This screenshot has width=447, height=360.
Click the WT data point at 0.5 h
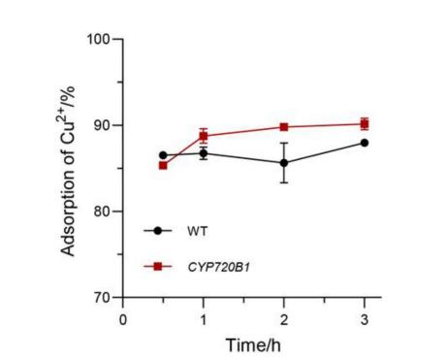pyautogui.click(x=163, y=155)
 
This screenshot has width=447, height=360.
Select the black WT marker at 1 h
pyautogui.click(x=204, y=153)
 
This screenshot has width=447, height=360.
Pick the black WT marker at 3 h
pyautogui.click(x=365, y=143)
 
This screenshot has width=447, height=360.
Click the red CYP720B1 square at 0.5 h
pyautogui.click(x=163, y=165)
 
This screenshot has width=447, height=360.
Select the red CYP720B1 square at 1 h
pyautogui.click(x=204, y=136)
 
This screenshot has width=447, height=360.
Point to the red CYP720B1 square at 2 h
pyautogui.click(x=284, y=127)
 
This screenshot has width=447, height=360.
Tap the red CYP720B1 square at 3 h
pyautogui.click(x=365, y=123)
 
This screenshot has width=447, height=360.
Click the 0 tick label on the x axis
pyautogui.click(x=123, y=317)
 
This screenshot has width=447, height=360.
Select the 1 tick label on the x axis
pyautogui.click(x=204, y=317)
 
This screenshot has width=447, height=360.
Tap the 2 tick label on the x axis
pyautogui.click(x=284, y=317)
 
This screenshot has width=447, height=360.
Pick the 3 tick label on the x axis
pyautogui.click(x=365, y=317)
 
